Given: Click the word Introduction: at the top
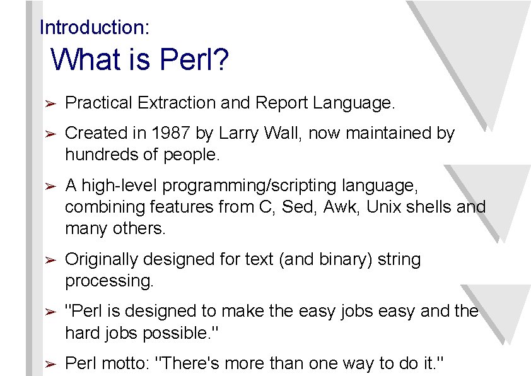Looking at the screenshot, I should coord(95,28).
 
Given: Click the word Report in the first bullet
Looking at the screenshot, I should coord(281,102).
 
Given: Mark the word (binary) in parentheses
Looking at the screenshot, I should coord(342,260).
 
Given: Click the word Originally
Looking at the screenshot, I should coord(103,260).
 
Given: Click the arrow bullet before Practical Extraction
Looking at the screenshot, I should coord(52,103).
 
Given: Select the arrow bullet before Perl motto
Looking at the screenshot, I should coord(52,365).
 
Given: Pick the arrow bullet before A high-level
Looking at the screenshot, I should coord(52,187).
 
